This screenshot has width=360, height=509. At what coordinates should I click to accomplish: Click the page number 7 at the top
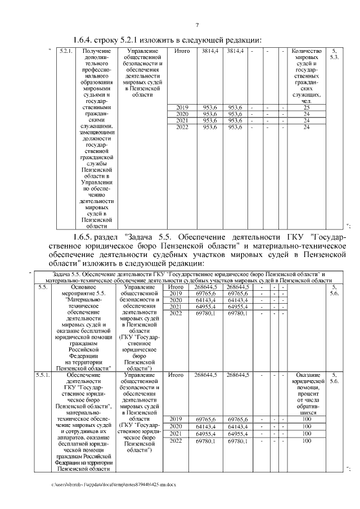coord(197,25)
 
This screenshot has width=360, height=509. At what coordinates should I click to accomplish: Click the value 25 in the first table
coord(307,107)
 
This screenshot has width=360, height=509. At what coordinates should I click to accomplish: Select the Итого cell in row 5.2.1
coord(182,52)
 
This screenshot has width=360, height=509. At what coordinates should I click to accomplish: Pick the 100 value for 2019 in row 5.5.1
coord(307,419)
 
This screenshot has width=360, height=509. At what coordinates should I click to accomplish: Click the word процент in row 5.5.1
coord(307,394)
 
